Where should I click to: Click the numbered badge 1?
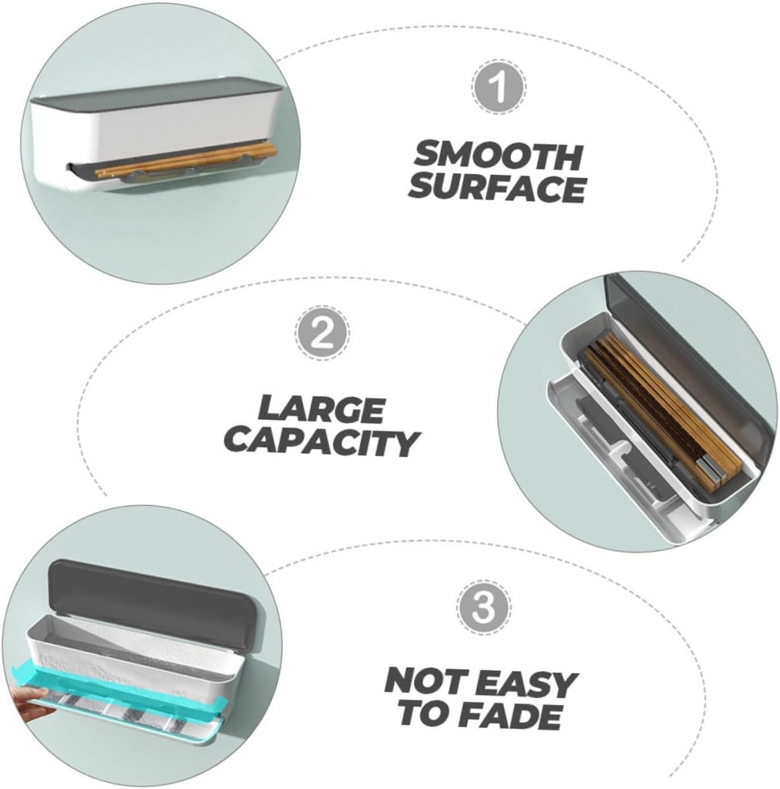pyautogui.click(x=499, y=86)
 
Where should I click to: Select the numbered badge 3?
pyautogui.click(x=483, y=607)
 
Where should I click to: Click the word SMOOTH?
pyautogui.click(x=498, y=156)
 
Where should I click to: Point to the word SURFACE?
pyautogui.click(x=497, y=188)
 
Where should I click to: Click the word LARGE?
pyautogui.click(x=321, y=409)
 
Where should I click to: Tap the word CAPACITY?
pyautogui.click(x=321, y=442)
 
